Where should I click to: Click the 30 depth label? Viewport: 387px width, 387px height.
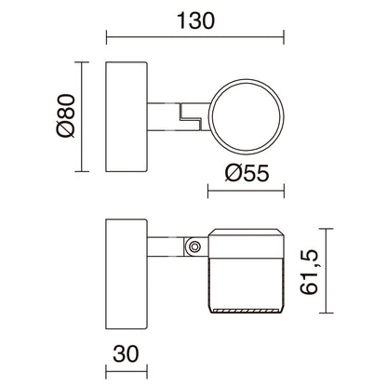pyautogui.click(x=126, y=354)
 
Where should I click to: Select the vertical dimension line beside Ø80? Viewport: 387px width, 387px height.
pyautogui.click(x=86, y=117)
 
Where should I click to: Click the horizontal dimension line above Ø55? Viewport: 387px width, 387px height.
pyautogui.click(x=244, y=193)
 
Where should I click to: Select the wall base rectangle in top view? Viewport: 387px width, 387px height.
pyautogui.click(x=126, y=117)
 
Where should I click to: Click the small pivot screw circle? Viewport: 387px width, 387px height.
pyautogui.click(x=194, y=247)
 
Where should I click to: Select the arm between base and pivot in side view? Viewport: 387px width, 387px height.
pyautogui.click(x=165, y=247)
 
